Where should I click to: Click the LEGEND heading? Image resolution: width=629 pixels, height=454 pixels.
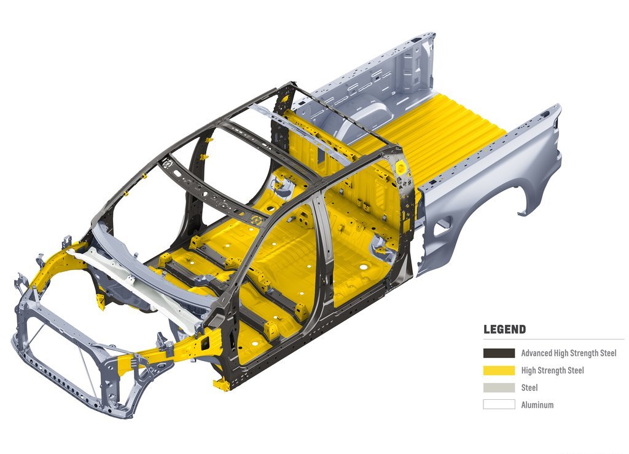(x=504, y=330)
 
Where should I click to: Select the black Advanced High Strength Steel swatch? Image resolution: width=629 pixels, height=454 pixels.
(x=499, y=353)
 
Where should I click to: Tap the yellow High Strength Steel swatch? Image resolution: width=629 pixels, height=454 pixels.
(x=499, y=370)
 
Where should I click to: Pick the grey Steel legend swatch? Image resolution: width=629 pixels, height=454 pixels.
(x=499, y=388)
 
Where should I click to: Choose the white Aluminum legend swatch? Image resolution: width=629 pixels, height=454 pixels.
(x=499, y=405)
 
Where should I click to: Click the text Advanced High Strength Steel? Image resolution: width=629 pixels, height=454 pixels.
(x=568, y=353)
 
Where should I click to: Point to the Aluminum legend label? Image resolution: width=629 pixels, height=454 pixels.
(x=537, y=405)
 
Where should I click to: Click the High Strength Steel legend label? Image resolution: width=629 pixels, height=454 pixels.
(x=552, y=370)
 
